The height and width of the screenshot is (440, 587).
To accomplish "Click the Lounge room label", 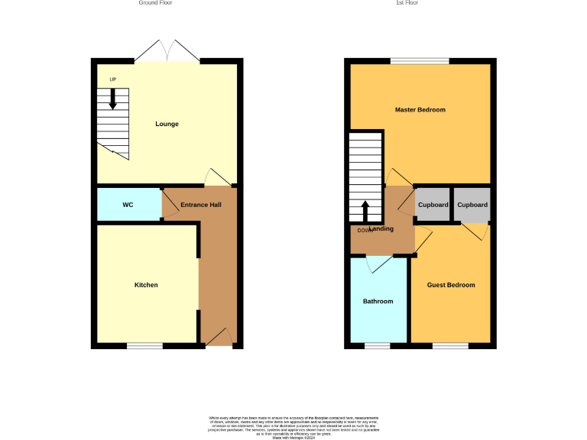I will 167,124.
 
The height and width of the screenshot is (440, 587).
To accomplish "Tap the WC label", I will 128,205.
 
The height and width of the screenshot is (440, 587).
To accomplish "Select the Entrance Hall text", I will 200,205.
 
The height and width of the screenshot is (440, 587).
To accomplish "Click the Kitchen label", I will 146,285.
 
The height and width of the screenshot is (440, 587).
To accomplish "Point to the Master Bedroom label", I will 420,110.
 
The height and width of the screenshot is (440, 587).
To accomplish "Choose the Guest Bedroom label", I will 450,285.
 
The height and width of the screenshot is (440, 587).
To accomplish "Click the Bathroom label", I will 378,301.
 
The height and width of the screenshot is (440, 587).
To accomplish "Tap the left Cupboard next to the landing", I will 433,205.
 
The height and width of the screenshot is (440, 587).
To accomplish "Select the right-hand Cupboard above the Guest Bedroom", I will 472,205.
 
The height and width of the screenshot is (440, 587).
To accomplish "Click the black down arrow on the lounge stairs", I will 113,99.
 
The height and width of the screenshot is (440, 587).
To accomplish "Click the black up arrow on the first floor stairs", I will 365,210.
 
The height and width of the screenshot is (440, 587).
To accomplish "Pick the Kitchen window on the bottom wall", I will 144,346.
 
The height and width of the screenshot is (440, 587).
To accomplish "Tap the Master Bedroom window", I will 420,61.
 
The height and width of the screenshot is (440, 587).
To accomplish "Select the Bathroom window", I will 377,346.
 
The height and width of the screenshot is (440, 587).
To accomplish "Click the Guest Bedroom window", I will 450,346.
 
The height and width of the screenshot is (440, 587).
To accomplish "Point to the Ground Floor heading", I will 155,3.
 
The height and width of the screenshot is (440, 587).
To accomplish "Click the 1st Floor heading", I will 407,3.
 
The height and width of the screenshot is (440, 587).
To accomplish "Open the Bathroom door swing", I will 379,264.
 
